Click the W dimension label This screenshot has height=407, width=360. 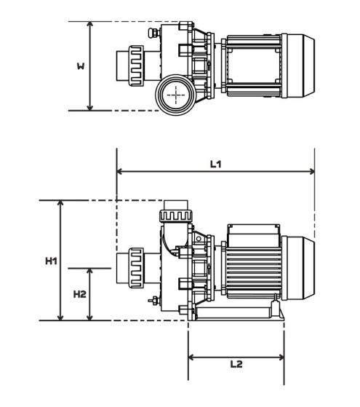(81, 66)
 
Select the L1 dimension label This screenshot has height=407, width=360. (216, 164)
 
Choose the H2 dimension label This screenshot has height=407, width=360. (80, 294)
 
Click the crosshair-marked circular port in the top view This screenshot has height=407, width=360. (175, 94)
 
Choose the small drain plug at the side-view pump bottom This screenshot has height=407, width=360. (153, 301)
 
